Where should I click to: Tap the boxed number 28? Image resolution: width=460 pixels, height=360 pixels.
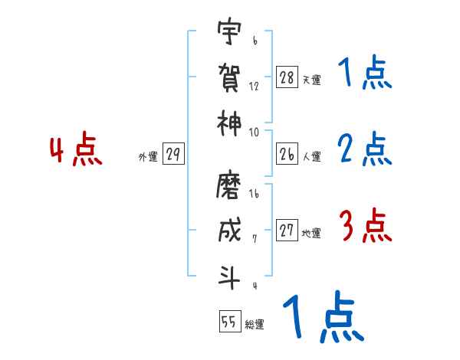click(287, 77)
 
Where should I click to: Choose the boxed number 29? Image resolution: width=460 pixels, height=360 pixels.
click(172, 155)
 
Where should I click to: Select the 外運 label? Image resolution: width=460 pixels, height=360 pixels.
click(147, 157)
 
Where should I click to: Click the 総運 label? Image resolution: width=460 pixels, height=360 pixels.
click(255, 324)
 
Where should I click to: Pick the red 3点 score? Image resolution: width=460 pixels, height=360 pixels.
click(364, 227)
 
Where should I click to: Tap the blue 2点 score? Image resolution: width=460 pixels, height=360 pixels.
click(365, 149)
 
